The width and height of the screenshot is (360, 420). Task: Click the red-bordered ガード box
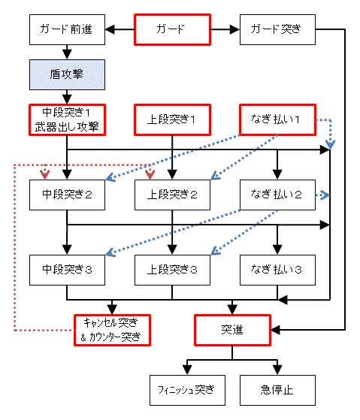[x=172, y=29]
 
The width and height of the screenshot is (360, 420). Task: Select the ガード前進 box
[x=67, y=29]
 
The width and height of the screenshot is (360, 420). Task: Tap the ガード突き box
[x=277, y=29]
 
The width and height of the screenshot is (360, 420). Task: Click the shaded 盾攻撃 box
[x=67, y=74]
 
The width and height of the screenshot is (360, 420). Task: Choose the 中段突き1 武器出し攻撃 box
[x=67, y=119]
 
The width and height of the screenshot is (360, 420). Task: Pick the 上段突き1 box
[x=172, y=119]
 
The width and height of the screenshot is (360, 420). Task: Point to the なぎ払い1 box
[x=277, y=119]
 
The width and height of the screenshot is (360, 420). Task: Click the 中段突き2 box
[x=67, y=195]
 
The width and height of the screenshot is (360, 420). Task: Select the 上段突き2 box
[x=172, y=195]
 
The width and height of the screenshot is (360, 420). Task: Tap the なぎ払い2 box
[x=277, y=195]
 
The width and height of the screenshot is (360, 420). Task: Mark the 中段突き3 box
[x=67, y=270]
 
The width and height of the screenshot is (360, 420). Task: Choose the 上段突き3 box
[x=172, y=270]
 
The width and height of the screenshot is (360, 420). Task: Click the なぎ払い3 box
[x=277, y=270]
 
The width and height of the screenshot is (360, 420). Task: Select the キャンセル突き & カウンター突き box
[x=112, y=330]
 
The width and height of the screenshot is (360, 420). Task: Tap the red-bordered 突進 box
[x=232, y=330]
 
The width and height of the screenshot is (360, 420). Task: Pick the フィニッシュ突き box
[x=187, y=390]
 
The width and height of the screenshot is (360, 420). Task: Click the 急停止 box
[x=277, y=390]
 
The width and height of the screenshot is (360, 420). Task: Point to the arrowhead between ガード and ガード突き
[x=234, y=29]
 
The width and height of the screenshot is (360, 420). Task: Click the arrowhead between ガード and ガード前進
[x=110, y=29]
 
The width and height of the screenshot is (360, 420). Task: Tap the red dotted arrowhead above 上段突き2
[x=150, y=174]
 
